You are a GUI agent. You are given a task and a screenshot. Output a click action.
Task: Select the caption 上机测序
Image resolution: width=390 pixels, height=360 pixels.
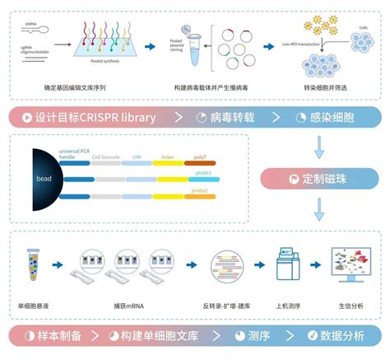click(286, 303)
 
